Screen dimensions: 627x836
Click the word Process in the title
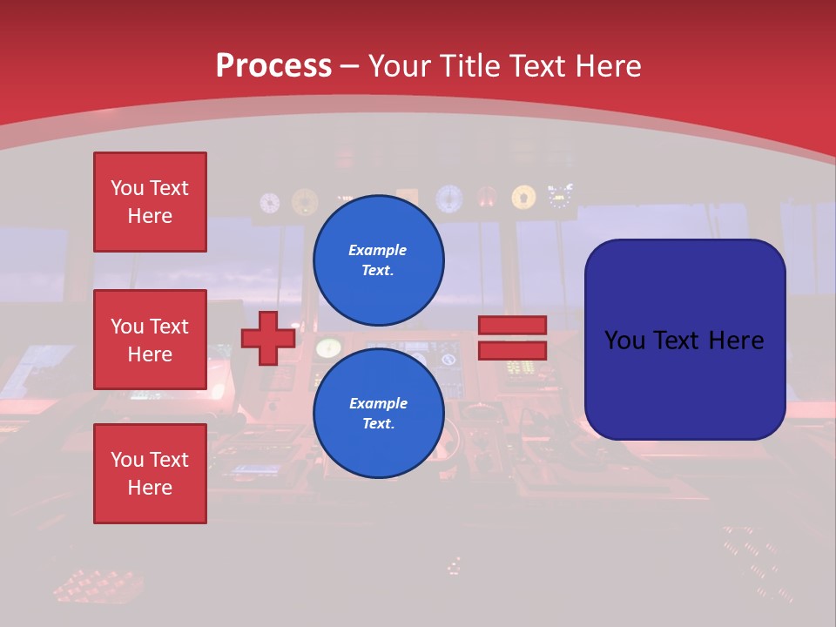[x=273, y=66]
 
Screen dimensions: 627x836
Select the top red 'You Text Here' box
[x=150, y=202]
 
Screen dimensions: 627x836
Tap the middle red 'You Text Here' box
[x=150, y=340]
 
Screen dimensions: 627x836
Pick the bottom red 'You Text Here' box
[x=150, y=474]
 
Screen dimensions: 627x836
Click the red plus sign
[x=267, y=339]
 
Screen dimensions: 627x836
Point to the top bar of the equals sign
[x=512, y=326]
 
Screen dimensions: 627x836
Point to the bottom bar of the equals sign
[x=512, y=351]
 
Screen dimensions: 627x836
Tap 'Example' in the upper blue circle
[x=378, y=250]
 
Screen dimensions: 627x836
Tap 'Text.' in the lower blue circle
[x=378, y=423]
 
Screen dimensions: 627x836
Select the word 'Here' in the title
[x=610, y=66]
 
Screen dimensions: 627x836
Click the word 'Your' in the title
[x=400, y=66]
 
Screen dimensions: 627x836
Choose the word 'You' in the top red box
[x=127, y=188]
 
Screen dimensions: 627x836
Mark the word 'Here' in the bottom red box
[x=150, y=488]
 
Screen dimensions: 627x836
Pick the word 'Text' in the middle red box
[x=168, y=327]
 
